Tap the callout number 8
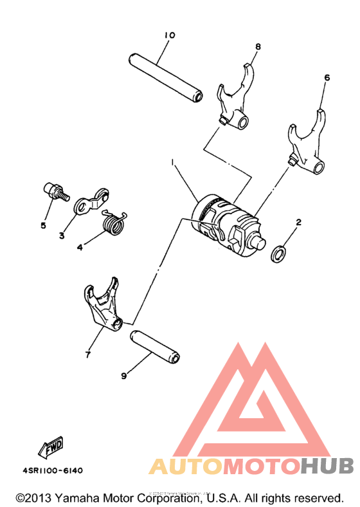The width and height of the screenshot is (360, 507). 258,46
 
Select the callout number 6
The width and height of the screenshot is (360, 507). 327,77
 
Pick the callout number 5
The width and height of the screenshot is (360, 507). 44,226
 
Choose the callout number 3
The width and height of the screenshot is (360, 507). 62,236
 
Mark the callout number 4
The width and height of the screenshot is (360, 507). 80,246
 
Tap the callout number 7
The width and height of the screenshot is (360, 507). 88,354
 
